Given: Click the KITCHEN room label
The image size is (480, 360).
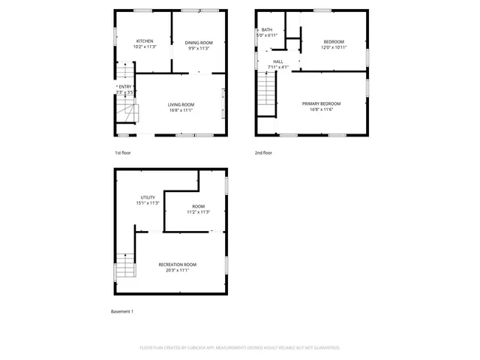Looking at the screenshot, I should [x=145, y=41].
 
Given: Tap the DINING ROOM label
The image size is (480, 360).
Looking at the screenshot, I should [x=199, y=43].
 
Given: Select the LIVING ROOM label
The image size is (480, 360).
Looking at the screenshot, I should [x=181, y=105].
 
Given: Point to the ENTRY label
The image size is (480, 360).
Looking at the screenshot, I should [x=125, y=87].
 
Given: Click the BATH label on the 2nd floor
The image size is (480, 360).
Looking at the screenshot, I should [x=266, y=30].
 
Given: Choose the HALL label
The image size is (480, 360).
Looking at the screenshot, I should [x=278, y=61].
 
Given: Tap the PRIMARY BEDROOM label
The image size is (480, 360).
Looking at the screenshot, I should [x=321, y=103].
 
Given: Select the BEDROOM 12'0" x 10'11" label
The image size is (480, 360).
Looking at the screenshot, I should [x=334, y=41].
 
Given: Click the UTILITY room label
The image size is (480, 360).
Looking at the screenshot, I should [x=148, y=197].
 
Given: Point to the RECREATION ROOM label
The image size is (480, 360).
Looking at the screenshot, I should [x=177, y=264].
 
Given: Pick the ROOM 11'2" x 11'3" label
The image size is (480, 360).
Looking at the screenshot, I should [x=198, y=206].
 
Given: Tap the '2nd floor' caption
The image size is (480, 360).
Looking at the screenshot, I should [x=263, y=153].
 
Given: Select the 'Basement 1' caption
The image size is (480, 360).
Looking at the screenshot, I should [x=121, y=311].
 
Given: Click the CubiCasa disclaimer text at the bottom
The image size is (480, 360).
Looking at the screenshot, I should [x=240, y=347].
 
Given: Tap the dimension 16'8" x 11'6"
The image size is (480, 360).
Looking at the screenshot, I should [x=321, y=109].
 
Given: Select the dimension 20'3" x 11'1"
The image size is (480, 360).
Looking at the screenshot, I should [x=177, y=270].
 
